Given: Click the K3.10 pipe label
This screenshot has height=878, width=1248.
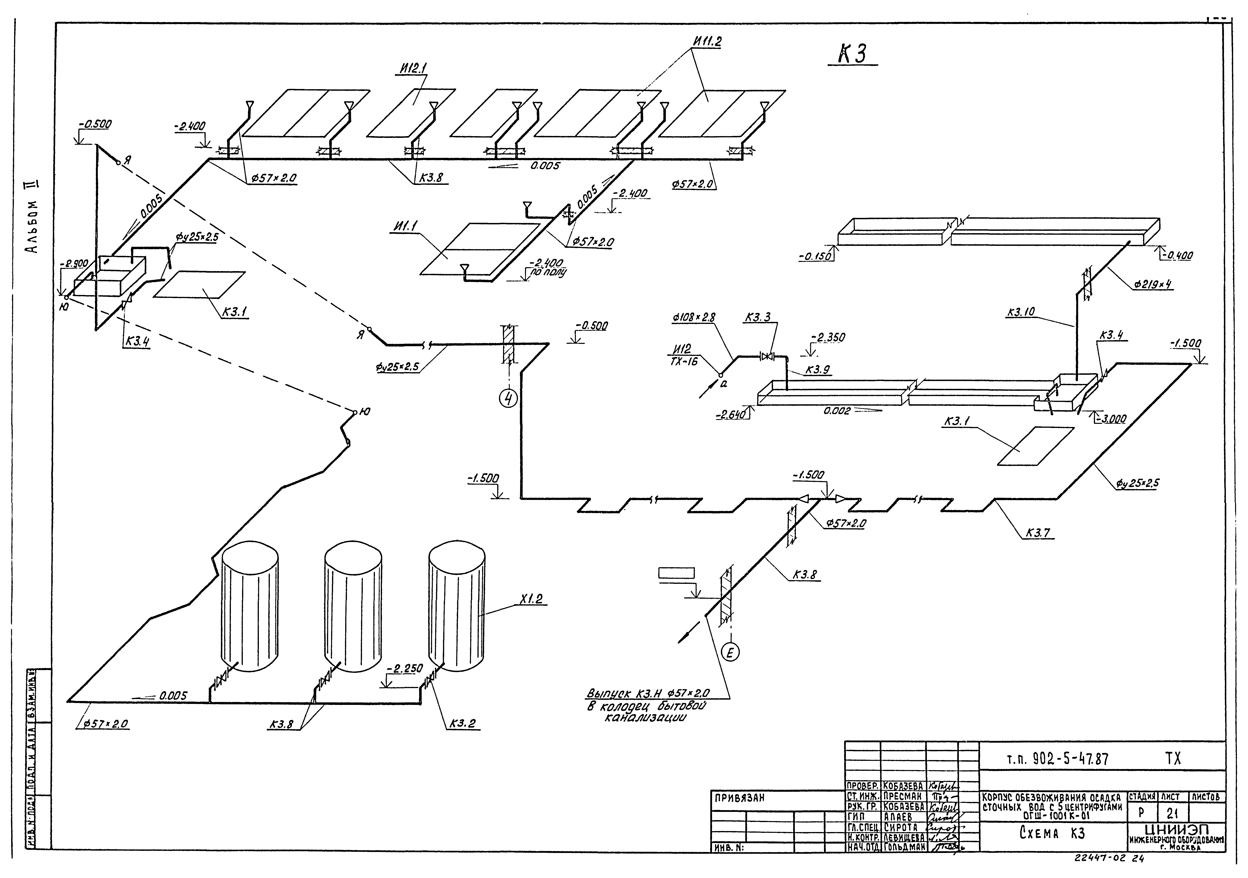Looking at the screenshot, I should click(1020, 312).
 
